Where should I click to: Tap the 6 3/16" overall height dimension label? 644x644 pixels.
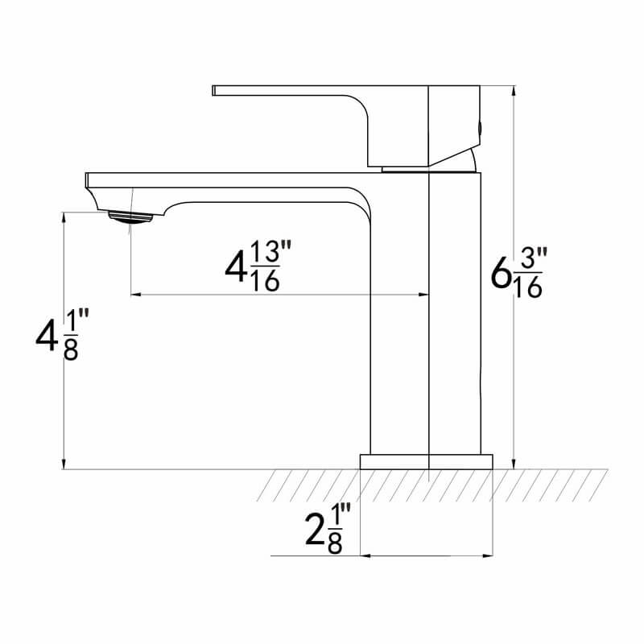[x=518, y=273]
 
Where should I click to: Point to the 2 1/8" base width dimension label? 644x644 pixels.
[x=327, y=528]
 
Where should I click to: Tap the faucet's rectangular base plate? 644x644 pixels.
[x=425, y=460]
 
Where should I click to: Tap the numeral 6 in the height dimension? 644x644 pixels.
[x=501, y=275]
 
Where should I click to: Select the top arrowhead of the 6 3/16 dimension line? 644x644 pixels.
[x=513, y=89]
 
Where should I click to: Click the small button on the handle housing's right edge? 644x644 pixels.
[x=481, y=126]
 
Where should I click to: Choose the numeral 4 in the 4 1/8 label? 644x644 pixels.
[x=47, y=338]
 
